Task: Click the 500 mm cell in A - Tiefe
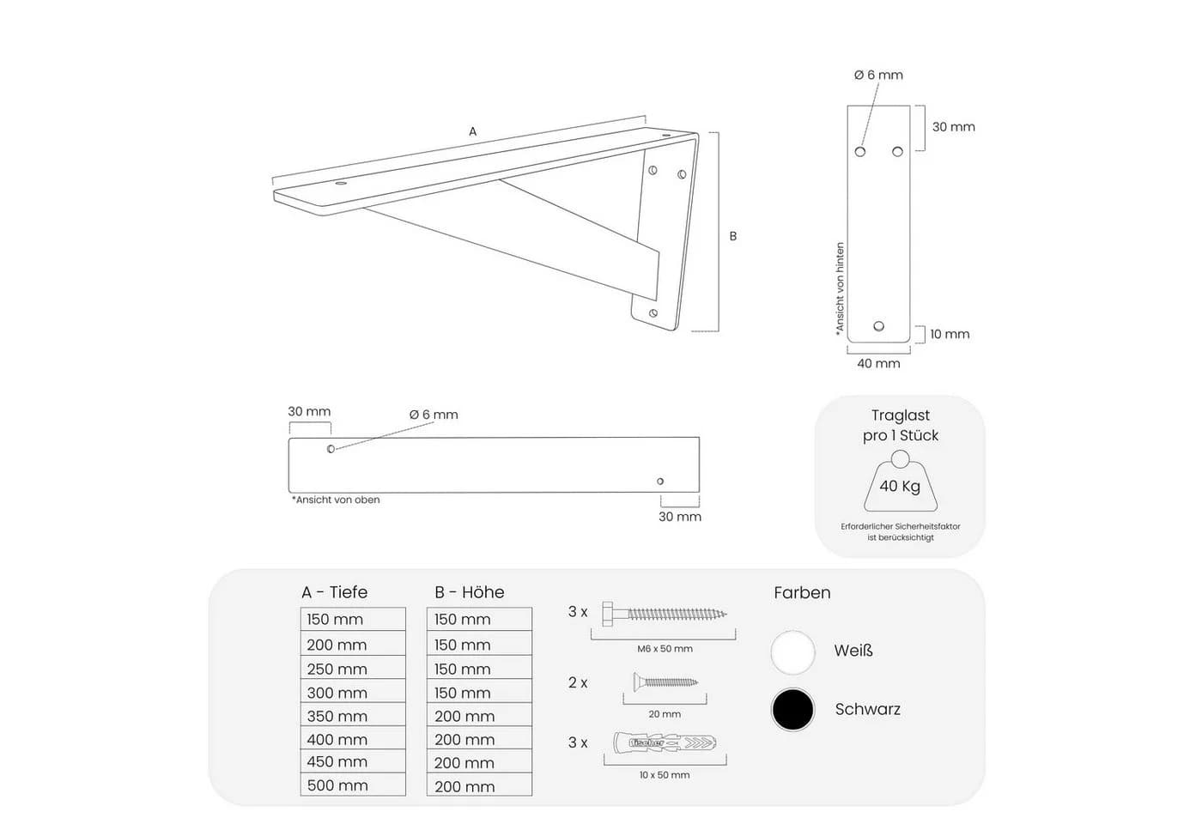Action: (353, 785)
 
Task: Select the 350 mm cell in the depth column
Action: (353, 715)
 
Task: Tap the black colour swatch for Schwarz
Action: (792, 709)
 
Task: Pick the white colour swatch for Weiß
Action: (792, 652)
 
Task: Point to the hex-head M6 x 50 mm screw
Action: (665, 614)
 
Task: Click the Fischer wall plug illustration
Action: (665, 742)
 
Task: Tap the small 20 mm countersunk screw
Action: (665, 682)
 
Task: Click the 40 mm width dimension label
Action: (878, 363)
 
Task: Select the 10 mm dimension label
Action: (950, 334)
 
